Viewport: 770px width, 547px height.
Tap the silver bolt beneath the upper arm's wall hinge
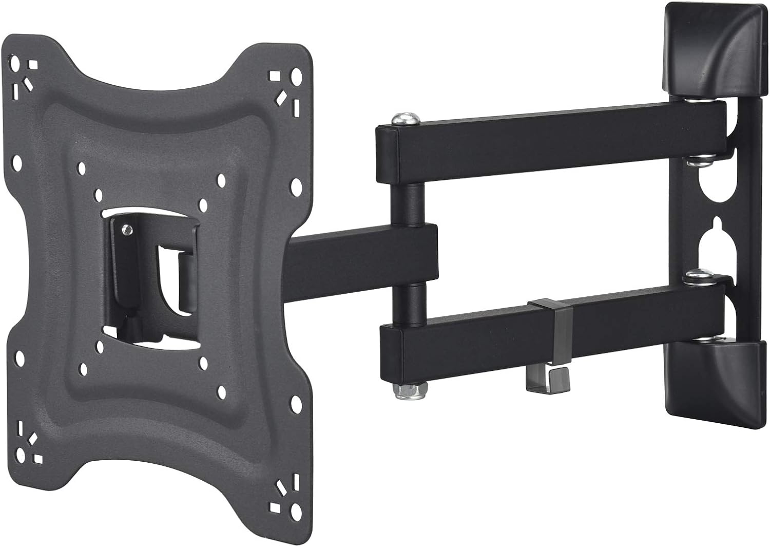(698, 160)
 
